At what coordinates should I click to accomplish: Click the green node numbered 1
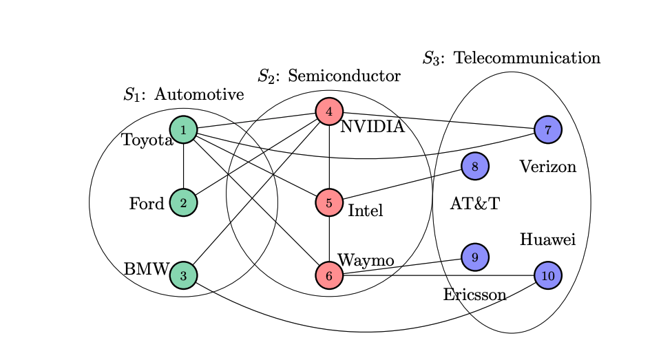click(x=183, y=129)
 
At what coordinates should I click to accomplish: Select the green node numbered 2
click(x=183, y=202)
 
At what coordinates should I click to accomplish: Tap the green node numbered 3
click(x=183, y=275)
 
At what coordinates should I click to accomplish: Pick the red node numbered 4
click(x=329, y=112)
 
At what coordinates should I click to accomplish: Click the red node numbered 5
click(x=329, y=202)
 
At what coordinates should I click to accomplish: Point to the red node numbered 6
click(x=329, y=275)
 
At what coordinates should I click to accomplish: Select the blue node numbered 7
click(x=548, y=129)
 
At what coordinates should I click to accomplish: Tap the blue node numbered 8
click(x=475, y=166)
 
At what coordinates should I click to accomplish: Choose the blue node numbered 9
click(x=475, y=257)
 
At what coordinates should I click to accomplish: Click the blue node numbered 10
click(x=548, y=275)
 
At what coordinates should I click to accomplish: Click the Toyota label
click(x=147, y=140)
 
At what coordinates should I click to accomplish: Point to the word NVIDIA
click(x=372, y=127)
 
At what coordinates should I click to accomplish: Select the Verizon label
click(x=547, y=167)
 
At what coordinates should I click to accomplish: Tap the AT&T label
click(x=474, y=204)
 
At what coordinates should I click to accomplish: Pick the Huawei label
click(x=547, y=240)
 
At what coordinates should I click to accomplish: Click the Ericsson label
click(x=474, y=295)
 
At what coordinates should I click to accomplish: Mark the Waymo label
click(x=366, y=261)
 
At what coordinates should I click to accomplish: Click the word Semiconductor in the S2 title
click(x=344, y=76)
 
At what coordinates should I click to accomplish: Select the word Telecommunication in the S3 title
click(x=527, y=58)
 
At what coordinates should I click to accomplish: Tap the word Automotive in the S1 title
click(x=199, y=94)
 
